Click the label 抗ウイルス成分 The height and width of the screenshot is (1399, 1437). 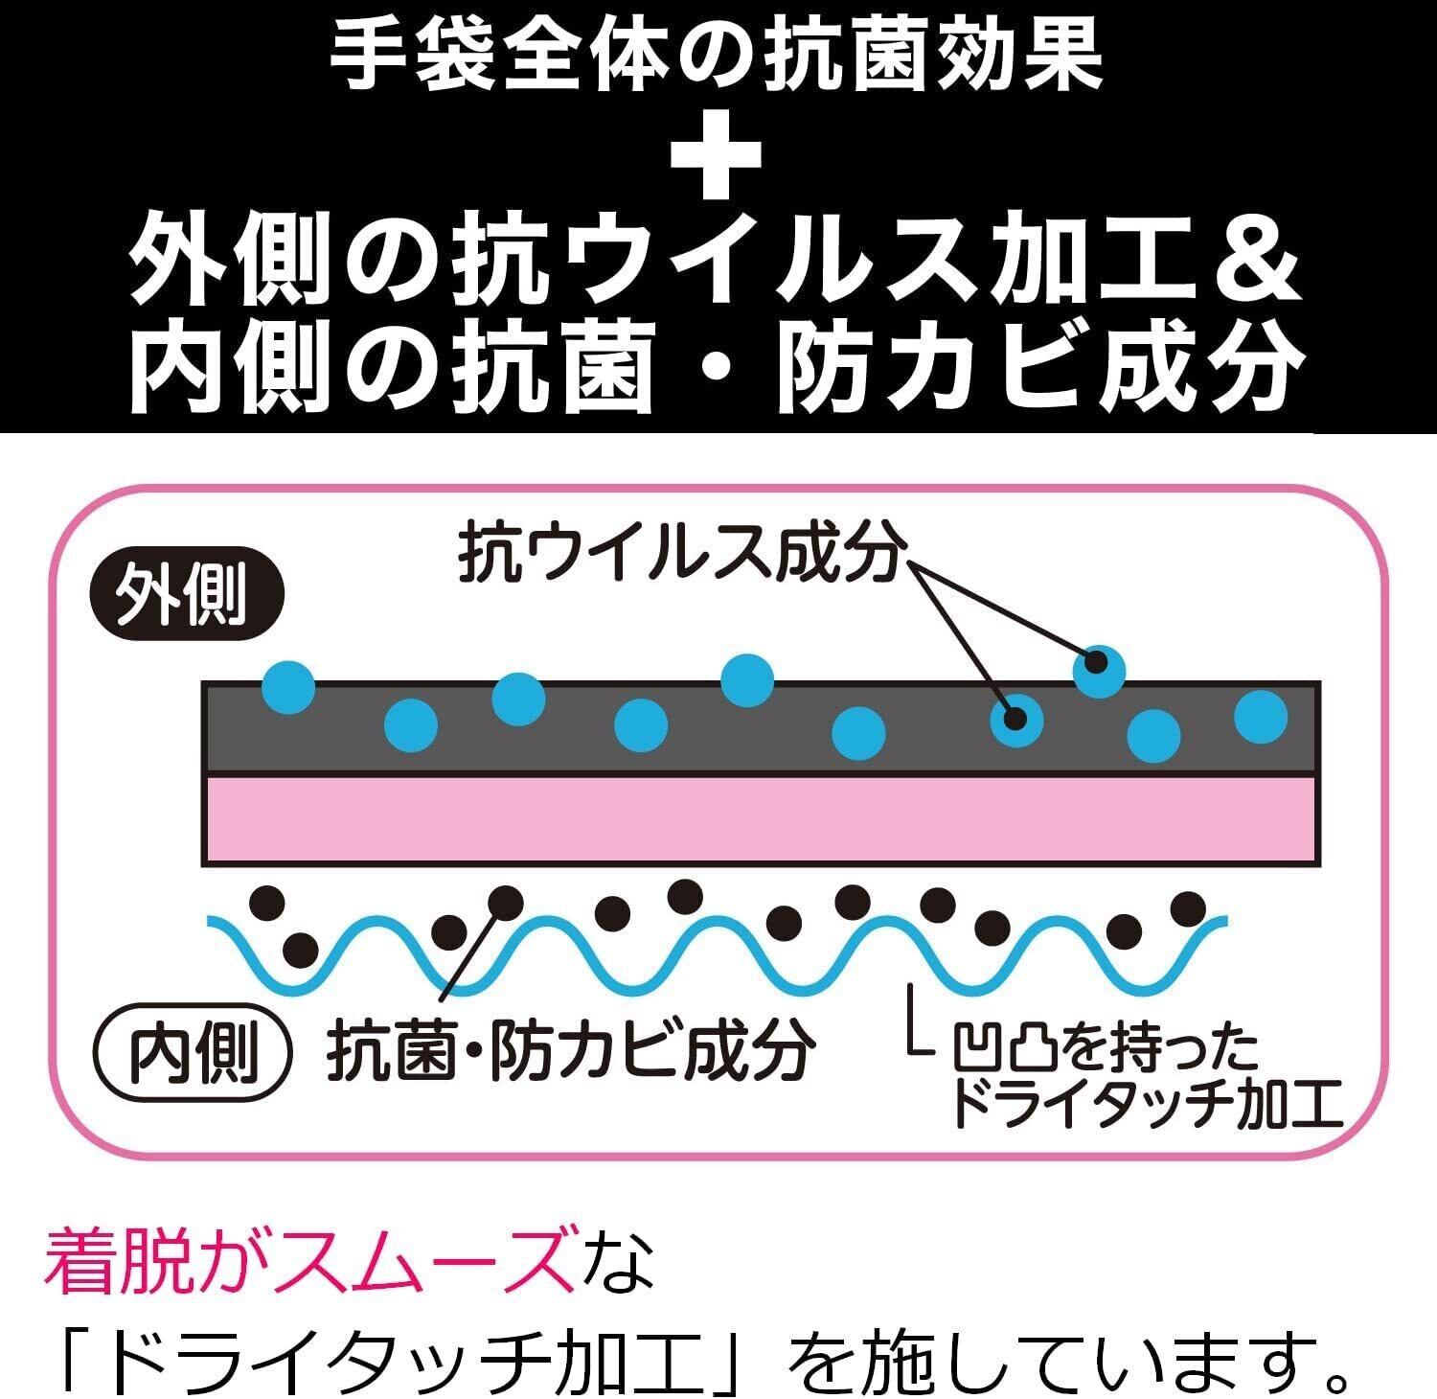pyautogui.click(x=681, y=553)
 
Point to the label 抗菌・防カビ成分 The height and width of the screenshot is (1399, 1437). pyautogui.click(x=572, y=1050)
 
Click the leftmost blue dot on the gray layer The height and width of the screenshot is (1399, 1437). pyautogui.click(x=288, y=686)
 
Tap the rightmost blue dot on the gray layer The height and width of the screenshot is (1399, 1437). pyautogui.click(x=1261, y=716)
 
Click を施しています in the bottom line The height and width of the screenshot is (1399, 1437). pyautogui.click(x=1044, y=1354)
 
